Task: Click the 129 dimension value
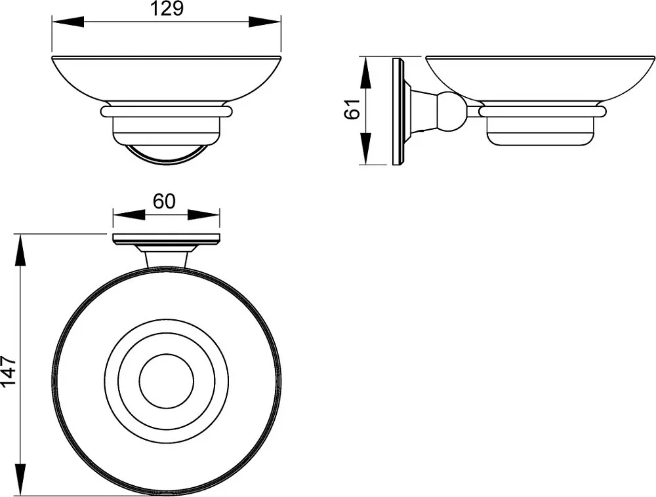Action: (x=167, y=9)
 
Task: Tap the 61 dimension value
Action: (x=352, y=109)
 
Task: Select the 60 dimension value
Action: (x=164, y=201)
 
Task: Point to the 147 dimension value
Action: (x=9, y=370)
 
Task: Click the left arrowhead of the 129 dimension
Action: (x=68, y=22)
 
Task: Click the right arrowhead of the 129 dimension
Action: (x=265, y=22)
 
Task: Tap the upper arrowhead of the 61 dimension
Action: (x=365, y=73)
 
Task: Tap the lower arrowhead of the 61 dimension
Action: (x=365, y=148)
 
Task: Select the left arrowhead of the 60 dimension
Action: (x=129, y=215)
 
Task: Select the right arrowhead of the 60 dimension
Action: (x=204, y=215)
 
